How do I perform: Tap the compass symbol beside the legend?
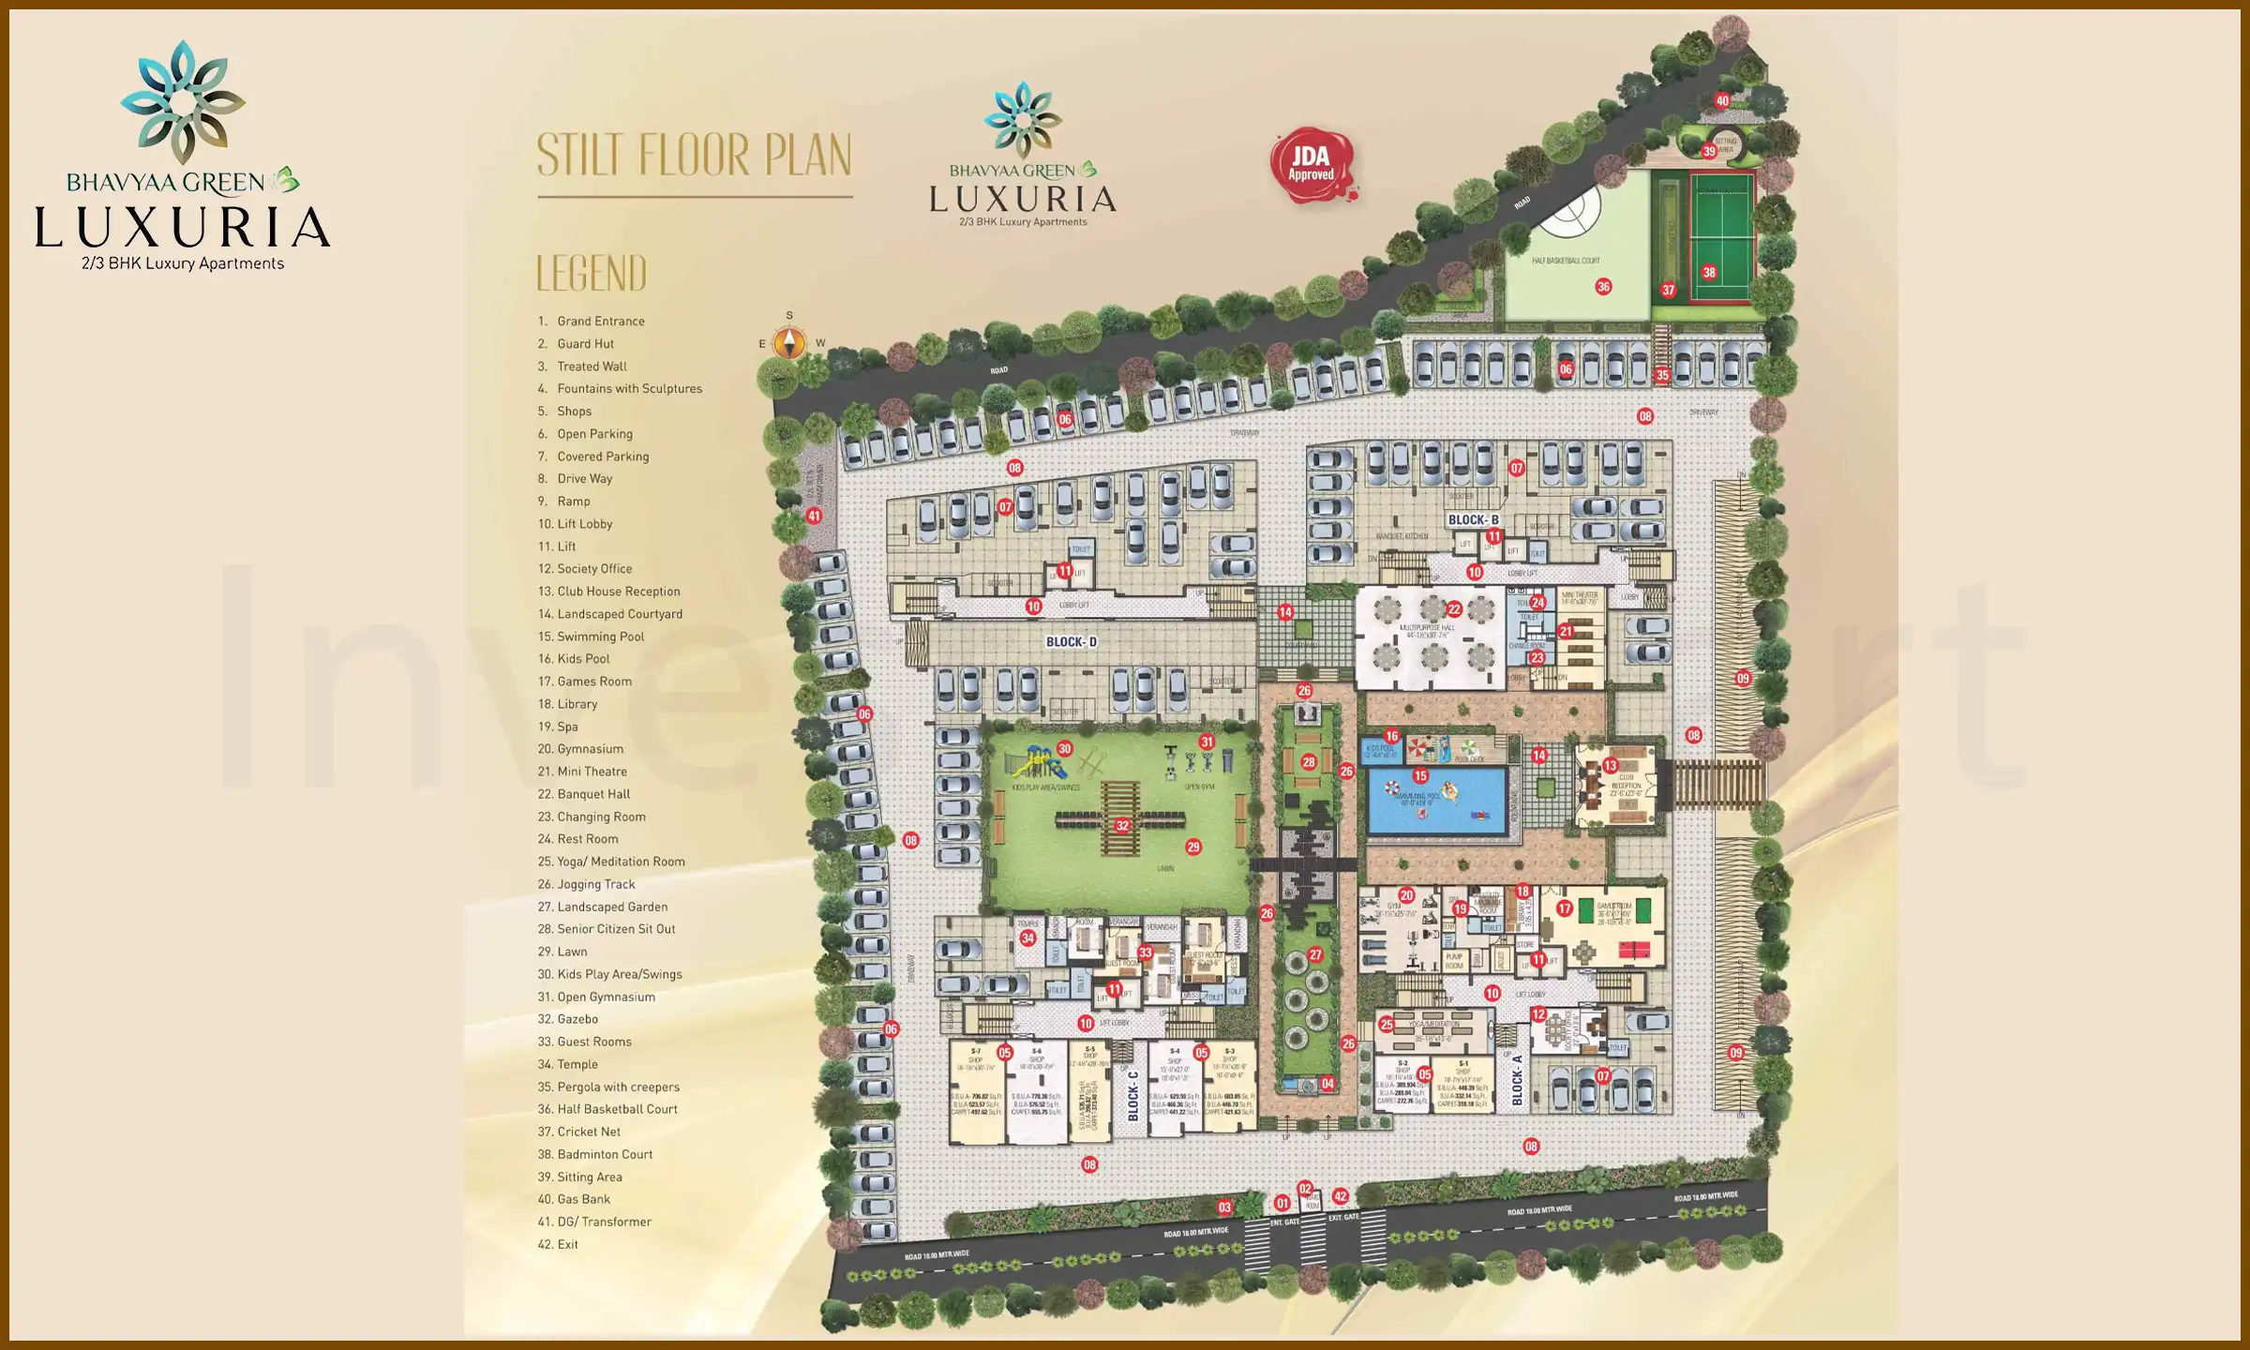point(789,342)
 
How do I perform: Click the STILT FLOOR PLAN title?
point(694,155)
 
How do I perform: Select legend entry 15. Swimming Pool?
point(600,637)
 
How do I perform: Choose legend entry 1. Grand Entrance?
point(600,321)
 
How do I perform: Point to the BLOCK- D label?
point(1071,642)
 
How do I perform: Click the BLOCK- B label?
point(1473,519)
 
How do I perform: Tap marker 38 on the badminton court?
point(1709,273)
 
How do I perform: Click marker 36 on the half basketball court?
point(1603,287)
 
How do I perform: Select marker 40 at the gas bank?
point(1722,100)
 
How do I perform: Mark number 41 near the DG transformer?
point(814,516)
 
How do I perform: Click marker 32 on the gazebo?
point(1122,826)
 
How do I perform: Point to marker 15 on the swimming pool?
point(1420,776)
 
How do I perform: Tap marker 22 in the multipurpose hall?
point(1454,609)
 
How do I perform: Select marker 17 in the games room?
point(1564,908)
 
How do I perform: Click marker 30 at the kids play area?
point(1064,749)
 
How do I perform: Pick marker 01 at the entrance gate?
point(1282,1203)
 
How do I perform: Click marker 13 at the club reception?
point(1611,766)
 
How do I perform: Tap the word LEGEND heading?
point(592,274)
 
